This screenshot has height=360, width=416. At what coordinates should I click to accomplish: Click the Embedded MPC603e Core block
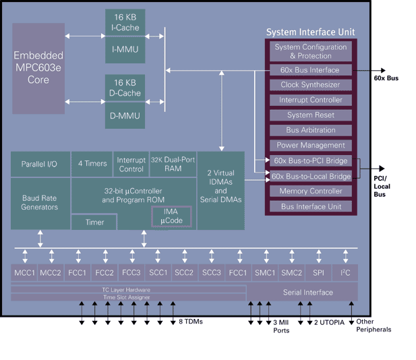[x=38, y=67]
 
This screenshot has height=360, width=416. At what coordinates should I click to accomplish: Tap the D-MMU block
[x=125, y=116]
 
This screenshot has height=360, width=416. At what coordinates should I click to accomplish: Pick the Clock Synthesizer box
[x=311, y=85]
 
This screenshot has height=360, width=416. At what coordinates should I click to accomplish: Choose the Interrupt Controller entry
[x=311, y=100]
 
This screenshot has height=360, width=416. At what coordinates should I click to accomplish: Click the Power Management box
[x=311, y=145]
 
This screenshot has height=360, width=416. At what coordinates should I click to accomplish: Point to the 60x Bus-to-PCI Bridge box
[x=311, y=160]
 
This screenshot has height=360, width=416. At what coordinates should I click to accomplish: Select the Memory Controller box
[x=311, y=191]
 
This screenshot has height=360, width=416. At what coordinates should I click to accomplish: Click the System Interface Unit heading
[x=310, y=32]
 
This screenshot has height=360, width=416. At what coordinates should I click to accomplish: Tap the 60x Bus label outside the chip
[x=386, y=78]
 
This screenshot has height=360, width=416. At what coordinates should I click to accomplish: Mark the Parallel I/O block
[x=40, y=164]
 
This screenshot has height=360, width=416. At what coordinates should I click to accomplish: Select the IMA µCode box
[x=171, y=216]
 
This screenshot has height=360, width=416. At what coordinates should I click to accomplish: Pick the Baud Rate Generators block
[x=40, y=203]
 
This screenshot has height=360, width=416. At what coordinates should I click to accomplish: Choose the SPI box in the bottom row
[x=318, y=272]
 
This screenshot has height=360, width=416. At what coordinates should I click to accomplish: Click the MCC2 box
[x=51, y=272]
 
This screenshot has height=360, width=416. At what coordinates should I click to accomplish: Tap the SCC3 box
[x=211, y=272]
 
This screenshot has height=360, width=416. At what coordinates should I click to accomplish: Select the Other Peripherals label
[x=373, y=326]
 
